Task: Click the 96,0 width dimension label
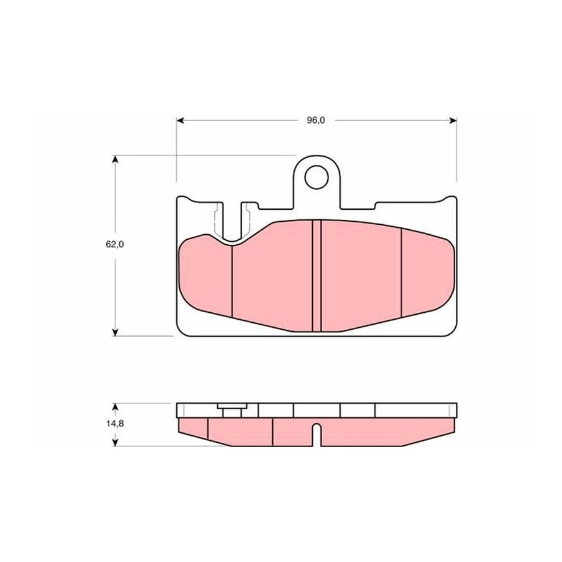316,121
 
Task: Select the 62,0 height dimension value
115,244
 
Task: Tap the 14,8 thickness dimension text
115,423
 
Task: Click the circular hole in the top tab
317,177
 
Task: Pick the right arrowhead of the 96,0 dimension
453,121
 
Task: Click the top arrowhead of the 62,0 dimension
115,159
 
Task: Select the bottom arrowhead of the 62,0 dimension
115,332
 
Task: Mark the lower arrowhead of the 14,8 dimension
115,442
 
